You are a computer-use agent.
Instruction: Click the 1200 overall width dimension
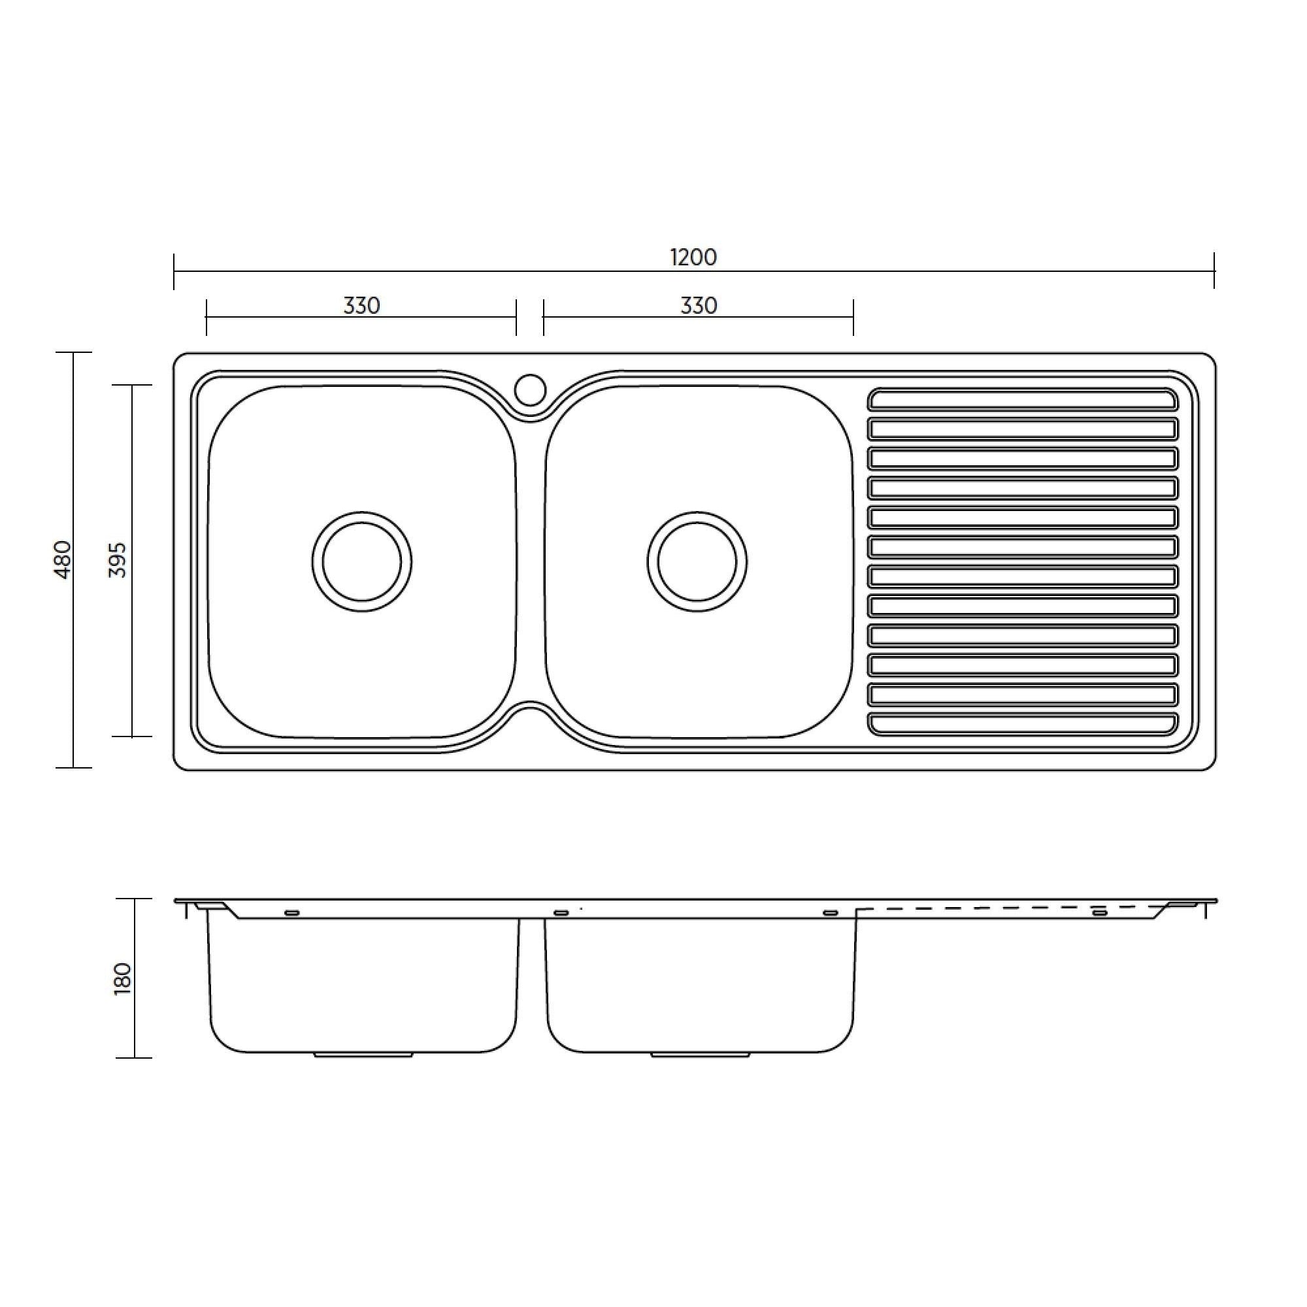[693, 257]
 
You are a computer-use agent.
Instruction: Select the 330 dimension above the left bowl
[361, 306]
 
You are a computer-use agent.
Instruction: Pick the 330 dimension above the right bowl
[698, 306]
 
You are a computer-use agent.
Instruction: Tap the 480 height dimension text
[62, 559]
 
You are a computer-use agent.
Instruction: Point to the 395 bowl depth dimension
[118, 559]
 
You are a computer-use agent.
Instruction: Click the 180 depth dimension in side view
[122, 978]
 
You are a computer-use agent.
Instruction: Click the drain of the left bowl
[362, 561]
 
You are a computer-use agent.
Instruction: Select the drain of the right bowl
[697, 561]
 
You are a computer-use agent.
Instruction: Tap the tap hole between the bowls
[530, 389]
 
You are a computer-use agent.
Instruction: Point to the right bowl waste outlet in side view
[699, 1055]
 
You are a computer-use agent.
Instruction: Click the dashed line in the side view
[1015, 908]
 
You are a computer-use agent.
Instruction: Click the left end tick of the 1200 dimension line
[174, 271]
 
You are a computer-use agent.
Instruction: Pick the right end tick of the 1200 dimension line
[1214, 271]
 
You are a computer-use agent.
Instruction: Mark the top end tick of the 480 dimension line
[73, 352]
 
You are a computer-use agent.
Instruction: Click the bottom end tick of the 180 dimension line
[134, 1058]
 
